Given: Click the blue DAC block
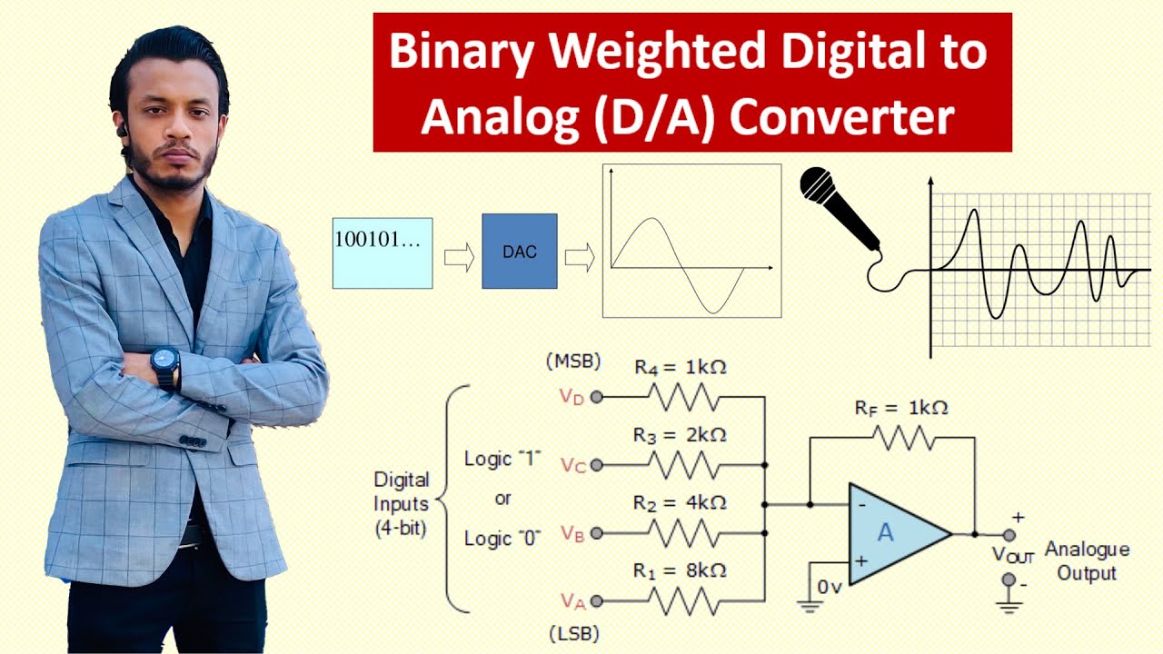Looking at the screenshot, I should (x=519, y=252).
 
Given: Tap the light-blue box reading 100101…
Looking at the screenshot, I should (x=382, y=253).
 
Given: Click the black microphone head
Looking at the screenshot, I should (x=818, y=186).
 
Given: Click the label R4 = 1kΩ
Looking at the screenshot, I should (x=680, y=368).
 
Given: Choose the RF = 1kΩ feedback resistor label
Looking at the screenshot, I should (x=900, y=408).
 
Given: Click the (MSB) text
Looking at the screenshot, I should (x=573, y=362).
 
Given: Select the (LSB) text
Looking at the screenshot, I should (x=573, y=633).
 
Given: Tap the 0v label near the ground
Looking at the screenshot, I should (x=829, y=588).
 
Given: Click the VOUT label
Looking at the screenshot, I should (x=1012, y=555).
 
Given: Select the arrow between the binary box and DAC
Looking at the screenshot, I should (x=459, y=258).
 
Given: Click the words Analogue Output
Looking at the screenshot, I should (x=1087, y=561).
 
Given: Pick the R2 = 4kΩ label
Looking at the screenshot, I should (x=680, y=502).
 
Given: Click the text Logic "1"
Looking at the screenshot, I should (x=502, y=459).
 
